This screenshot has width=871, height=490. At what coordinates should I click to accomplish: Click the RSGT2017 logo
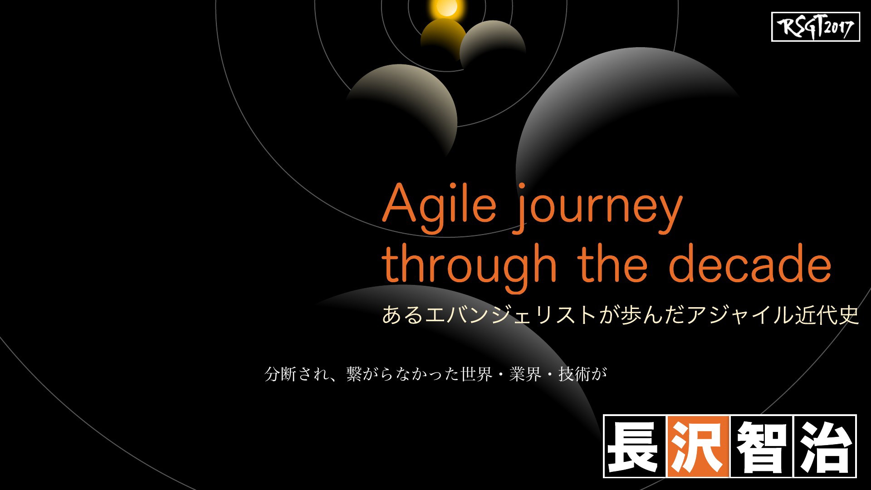815,27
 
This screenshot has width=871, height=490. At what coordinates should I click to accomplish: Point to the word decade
750,263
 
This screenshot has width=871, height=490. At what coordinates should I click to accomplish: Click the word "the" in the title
613,263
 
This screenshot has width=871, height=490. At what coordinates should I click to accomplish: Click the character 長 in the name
635,446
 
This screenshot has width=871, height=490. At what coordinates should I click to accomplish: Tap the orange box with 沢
698,446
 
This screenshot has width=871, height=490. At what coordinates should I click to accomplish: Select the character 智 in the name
761,446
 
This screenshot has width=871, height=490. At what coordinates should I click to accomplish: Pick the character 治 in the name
824,446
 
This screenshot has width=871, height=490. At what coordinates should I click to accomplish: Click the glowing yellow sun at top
446,7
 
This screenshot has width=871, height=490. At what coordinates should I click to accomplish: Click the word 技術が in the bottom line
583,374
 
